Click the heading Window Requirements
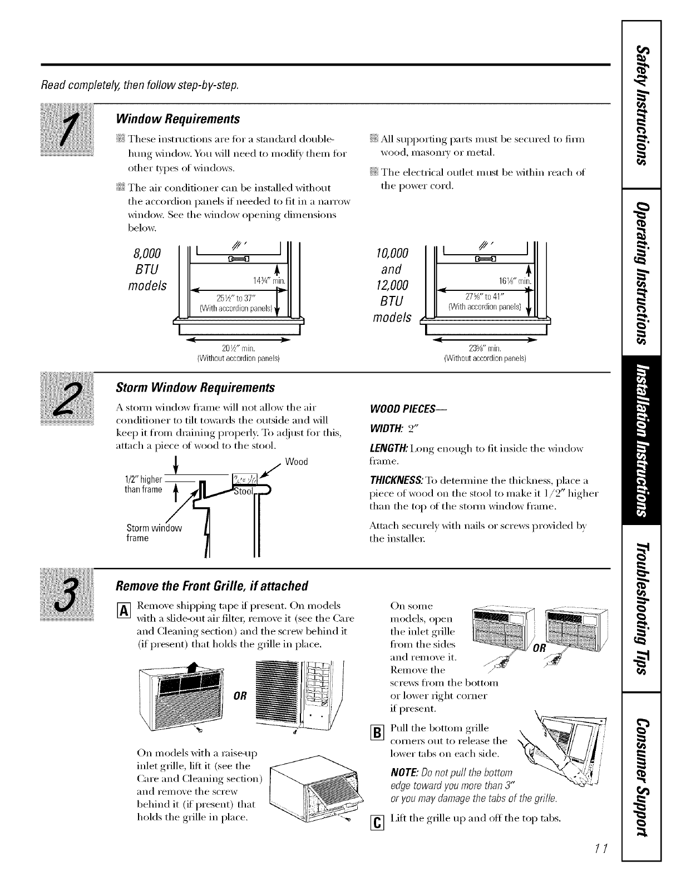(x=177, y=119)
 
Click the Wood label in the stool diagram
(x=296, y=462)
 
